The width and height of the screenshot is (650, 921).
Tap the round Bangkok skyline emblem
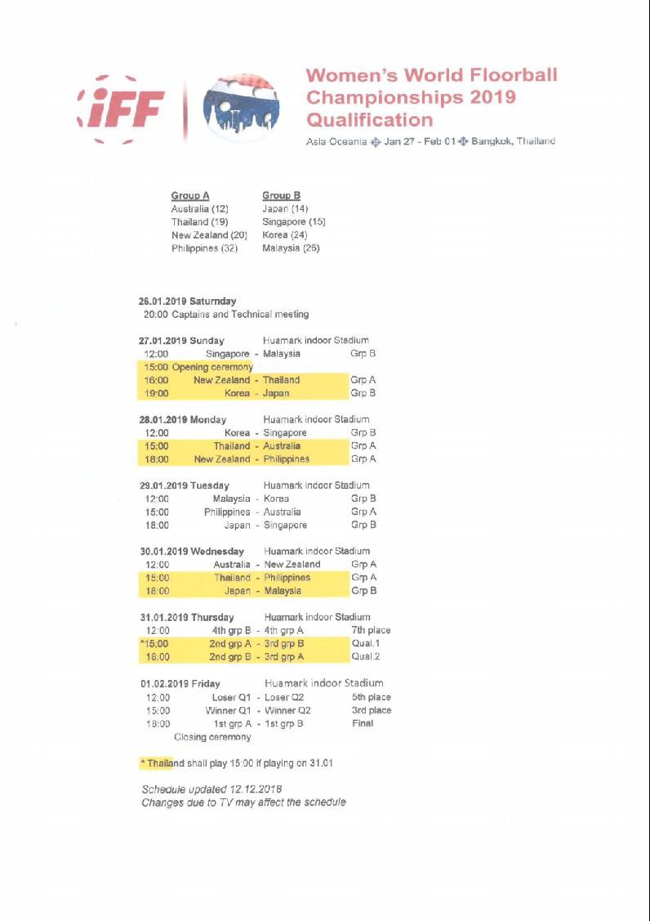point(241,107)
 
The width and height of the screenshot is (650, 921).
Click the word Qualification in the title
point(369,120)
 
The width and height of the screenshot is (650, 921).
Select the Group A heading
point(190,195)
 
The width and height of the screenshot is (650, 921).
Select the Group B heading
point(281,195)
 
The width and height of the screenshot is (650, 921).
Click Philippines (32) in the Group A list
point(204,248)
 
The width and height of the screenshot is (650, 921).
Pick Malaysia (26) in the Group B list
point(291,248)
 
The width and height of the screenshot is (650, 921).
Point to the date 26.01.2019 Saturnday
point(188,301)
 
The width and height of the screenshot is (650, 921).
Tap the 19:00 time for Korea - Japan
point(156,393)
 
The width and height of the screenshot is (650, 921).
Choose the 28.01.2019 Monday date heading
point(183,419)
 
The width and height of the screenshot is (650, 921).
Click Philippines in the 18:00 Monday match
point(286,459)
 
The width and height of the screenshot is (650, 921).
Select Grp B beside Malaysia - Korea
point(363,499)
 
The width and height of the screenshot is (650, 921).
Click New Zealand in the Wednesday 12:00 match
point(292,565)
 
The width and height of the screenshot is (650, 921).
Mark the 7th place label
point(371,630)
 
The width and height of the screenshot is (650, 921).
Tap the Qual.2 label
point(366,656)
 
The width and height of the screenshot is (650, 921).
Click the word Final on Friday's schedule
point(363,723)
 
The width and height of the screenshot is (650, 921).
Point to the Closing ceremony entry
point(212,737)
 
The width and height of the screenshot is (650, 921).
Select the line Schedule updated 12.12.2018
point(211,789)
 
